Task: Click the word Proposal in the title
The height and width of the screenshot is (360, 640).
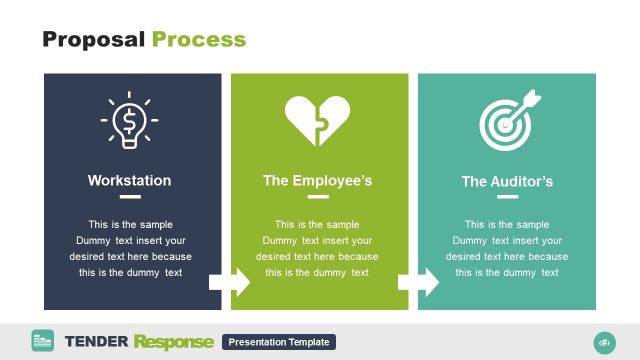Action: pyautogui.click(x=94, y=40)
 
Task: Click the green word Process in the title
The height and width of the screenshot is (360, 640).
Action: pyautogui.click(x=199, y=40)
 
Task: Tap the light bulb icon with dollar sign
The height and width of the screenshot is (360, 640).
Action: pyautogui.click(x=129, y=121)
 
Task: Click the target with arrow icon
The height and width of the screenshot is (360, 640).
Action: pyautogui.click(x=508, y=120)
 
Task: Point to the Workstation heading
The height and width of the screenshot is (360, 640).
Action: pyautogui.click(x=129, y=181)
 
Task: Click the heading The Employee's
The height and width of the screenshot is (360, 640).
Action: pyautogui.click(x=317, y=181)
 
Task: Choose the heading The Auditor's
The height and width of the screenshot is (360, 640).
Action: pyautogui.click(x=507, y=182)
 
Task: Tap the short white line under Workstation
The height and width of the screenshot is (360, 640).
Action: pyautogui.click(x=129, y=198)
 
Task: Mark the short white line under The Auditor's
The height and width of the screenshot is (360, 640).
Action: pyautogui.click(x=507, y=198)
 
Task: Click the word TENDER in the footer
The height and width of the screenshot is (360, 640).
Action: pyautogui.click(x=96, y=342)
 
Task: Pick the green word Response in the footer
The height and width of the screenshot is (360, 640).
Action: pyautogui.click(x=174, y=342)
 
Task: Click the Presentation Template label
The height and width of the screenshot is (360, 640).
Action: pyautogui.click(x=279, y=342)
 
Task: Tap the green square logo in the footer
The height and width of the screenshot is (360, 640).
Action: pyautogui.click(x=43, y=341)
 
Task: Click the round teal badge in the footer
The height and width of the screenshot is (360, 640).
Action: pyautogui.click(x=604, y=341)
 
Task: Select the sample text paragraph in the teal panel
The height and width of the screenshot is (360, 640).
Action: pyautogui.click(x=507, y=248)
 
